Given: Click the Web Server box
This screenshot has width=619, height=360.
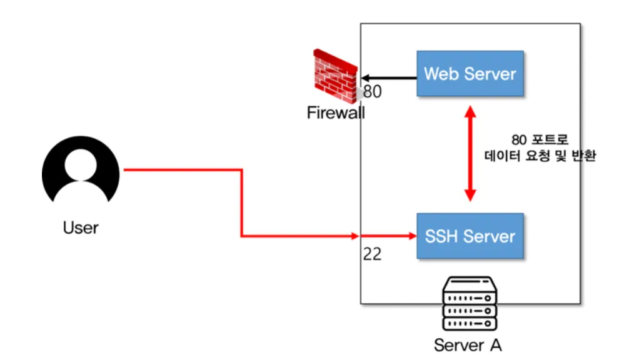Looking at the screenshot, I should [x=470, y=74].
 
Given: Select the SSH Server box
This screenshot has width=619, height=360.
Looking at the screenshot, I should [x=470, y=236].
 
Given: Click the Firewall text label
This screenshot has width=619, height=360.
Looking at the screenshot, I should [x=336, y=113].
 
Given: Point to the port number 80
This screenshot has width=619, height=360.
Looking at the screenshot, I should [x=373, y=92].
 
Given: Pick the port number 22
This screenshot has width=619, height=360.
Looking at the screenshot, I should [x=372, y=254].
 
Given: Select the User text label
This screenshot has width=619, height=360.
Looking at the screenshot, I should [x=81, y=227].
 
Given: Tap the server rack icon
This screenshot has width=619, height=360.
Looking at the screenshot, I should [x=469, y=305].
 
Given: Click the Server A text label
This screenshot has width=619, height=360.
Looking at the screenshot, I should [x=468, y=345].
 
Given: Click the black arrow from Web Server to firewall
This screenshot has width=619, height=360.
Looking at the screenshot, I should [x=388, y=78].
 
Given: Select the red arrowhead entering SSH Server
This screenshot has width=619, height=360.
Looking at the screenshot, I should [x=411, y=236].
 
